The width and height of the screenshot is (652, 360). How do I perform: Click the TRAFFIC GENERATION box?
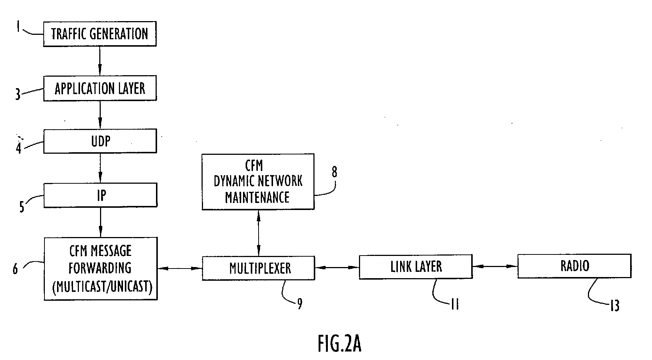(100, 34)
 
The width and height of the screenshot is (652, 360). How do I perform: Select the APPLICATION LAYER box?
(100, 88)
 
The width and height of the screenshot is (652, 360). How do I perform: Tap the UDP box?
(100, 141)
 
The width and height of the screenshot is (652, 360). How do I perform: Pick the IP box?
(100, 195)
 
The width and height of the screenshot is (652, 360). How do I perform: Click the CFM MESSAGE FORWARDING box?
(100, 269)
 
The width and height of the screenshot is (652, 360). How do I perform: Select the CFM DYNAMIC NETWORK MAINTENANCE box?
(258, 181)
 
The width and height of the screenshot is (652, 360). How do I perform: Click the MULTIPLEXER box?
(258, 268)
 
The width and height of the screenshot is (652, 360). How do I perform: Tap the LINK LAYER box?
(416, 267)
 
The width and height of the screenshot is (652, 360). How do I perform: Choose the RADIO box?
(574, 266)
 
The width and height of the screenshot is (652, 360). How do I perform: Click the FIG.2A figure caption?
(339, 344)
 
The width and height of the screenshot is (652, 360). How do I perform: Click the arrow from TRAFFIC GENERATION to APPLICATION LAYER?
(100, 61)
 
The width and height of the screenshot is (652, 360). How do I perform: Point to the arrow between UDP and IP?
(100, 168)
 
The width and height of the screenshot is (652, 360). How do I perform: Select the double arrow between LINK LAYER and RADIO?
(495, 266)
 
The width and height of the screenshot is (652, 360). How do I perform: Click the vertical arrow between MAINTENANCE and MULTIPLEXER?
(258, 233)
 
